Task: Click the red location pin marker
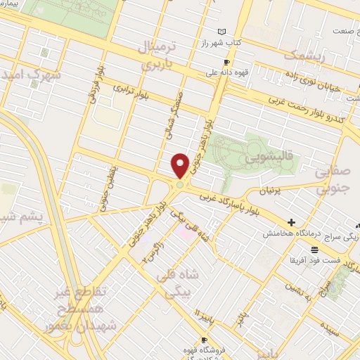pos(181,166)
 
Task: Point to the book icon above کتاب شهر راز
pos(223,32)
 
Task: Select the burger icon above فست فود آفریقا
pos(314,250)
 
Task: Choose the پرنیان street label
pos(269,191)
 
